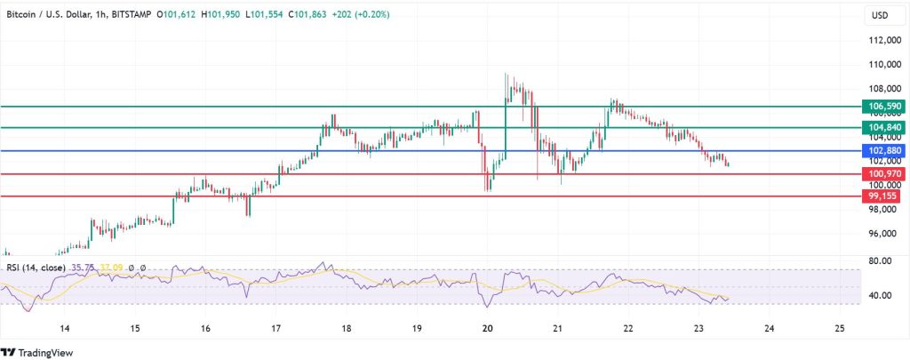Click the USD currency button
point(879,16)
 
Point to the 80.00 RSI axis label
point(879,260)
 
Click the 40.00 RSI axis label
point(879,295)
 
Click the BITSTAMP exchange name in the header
point(139,15)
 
